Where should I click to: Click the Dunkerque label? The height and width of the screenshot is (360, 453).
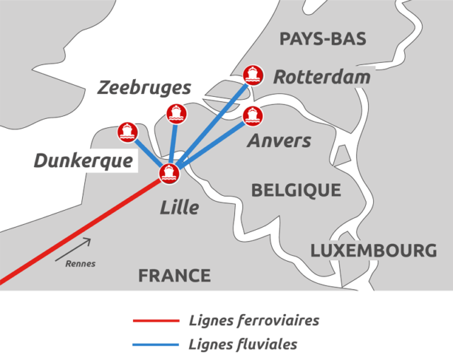click(x=84, y=161)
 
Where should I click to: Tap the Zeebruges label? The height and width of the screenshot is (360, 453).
click(x=144, y=88)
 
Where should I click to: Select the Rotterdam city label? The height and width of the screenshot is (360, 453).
click(x=322, y=77)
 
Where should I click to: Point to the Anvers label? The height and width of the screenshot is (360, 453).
click(x=279, y=140)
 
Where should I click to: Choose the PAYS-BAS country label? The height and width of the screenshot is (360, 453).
click(x=323, y=39)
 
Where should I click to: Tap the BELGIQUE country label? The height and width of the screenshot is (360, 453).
click(x=296, y=190)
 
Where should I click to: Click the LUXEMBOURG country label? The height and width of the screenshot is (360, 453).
click(x=373, y=250)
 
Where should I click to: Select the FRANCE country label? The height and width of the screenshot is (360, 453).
click(x=174, y=275)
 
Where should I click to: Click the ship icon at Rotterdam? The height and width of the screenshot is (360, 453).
click(x=253, y=74)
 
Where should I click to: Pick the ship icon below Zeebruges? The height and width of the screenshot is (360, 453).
click(x=175, y=112)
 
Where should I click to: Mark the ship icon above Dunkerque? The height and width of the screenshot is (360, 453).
click(x=127, y=130)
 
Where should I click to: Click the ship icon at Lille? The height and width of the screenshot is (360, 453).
click(x=168, y=173)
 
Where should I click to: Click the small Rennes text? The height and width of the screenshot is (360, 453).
click(x=80, y=264)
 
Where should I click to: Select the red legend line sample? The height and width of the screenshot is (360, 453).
click(x=156, y=321)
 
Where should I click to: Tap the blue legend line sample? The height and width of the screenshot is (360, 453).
click(x=156, y=345)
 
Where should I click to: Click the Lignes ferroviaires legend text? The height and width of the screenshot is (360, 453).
click(x=254, y=320)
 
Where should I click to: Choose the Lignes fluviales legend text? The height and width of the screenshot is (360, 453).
click(x=243, y=345)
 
